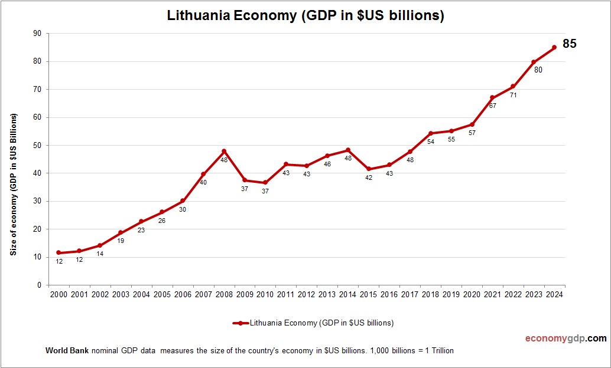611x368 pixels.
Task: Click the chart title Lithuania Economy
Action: (x=305, y=16)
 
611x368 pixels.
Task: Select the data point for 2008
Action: (x=224, y=151)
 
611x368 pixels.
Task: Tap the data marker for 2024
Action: (x=554, y=47)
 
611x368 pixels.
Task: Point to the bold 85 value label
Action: (x=569, y=44)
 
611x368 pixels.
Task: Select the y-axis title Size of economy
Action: (x=13, y=185)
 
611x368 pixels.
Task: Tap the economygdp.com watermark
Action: (x=565, y=339)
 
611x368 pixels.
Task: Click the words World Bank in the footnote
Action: (x=67, y=350)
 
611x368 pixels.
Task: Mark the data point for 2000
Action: (x=58, y=252)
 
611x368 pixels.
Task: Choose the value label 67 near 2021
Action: (x=492, y=106)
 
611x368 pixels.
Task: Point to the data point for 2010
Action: (x=265, y=183)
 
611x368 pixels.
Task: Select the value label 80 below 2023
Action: (x=538, y=70)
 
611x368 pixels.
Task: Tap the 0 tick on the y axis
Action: (x=39, y=285)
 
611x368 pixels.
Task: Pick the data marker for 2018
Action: (x=430, y=133)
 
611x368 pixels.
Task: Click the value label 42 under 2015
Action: (x=368, y=178)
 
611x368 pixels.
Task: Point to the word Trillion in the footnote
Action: (x=440, y=350)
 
